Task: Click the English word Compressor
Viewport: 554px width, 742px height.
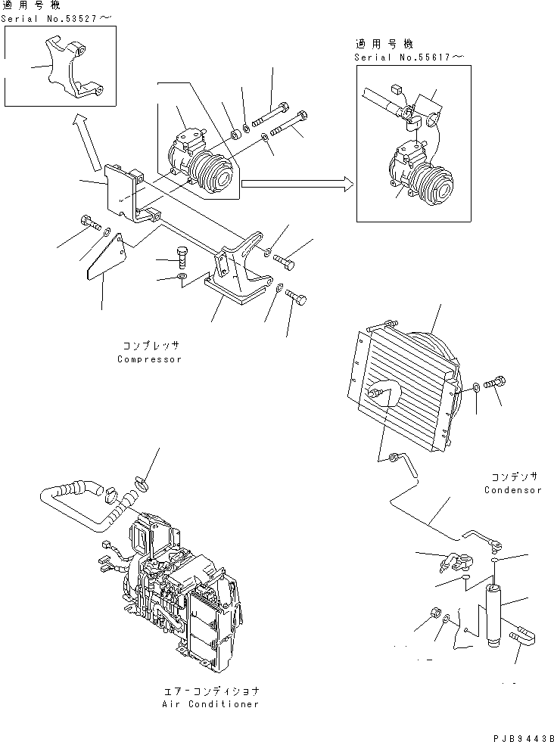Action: [149, 359]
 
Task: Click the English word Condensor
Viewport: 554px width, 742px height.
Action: [513, 490]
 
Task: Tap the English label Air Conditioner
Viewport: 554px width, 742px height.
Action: [210, 704]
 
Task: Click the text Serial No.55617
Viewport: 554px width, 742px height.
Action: [399, 57]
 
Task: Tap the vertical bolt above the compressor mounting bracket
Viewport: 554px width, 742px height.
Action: [181, 257]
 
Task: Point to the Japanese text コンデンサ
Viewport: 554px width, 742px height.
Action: [513, 477]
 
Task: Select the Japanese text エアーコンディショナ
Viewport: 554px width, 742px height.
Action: [210, 691]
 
